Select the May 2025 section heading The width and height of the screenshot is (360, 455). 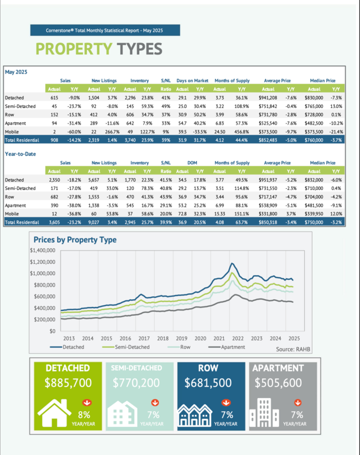tap(17, 72)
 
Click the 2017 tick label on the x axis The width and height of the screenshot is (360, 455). tap(144, 338)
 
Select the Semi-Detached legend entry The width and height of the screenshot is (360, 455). tap(130, 346)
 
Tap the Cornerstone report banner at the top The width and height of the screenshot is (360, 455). tap(96, 30)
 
